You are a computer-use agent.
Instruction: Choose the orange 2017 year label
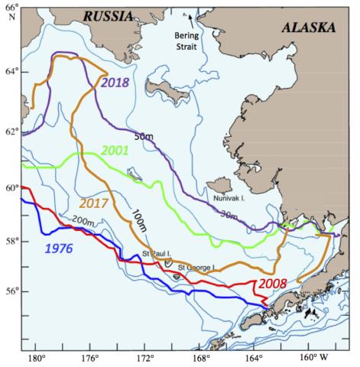coord(96,205)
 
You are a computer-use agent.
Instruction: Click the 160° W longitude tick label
coord(313,358)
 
